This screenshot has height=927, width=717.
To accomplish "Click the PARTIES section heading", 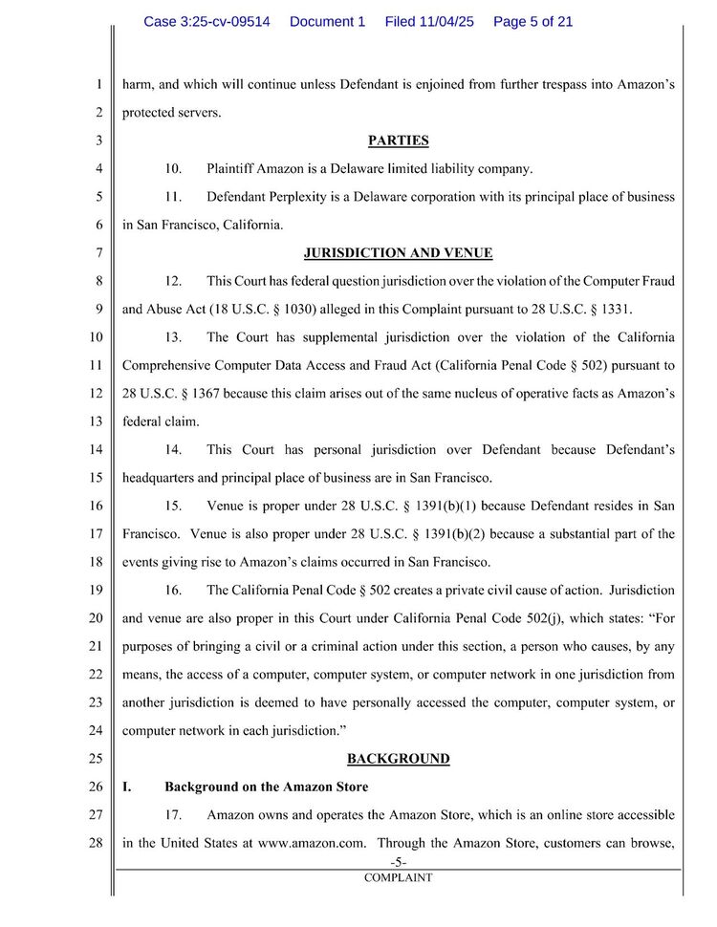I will (x=398, y=140).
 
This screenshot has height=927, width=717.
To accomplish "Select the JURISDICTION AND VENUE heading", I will (x=398, y=253).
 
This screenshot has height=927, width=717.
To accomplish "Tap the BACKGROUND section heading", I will (x=398, y=759).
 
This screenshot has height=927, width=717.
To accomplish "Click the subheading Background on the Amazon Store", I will (x=266, y=787).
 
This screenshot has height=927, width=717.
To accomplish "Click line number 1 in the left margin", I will (x=98, y=84).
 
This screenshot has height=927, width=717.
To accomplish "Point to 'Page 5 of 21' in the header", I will (x=532, y=21).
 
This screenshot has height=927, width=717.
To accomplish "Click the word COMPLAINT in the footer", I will (x=398, y=877).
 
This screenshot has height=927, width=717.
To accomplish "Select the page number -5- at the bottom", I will (x=398, y=863).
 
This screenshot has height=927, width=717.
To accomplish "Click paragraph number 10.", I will (x=173, y=169).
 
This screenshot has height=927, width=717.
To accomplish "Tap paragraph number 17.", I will (x=173, y=815).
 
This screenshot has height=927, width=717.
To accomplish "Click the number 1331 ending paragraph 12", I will (x=612, y=310).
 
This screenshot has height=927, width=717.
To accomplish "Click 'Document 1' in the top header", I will (x=327, y=21).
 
